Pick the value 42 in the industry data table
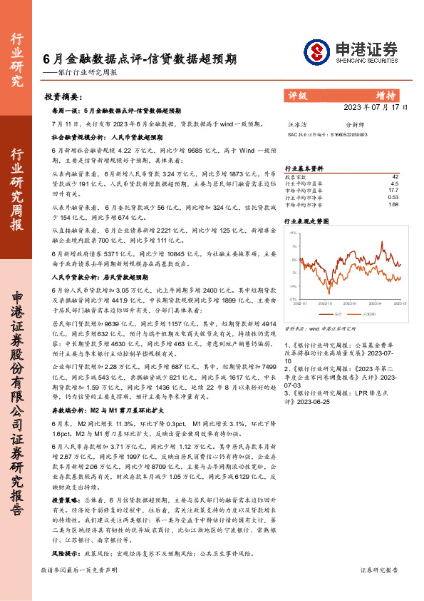click(x=395, y=176)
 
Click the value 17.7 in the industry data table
click(x=393, y=190)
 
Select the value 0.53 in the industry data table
click(x=393, y=197)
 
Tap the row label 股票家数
click(x=295, y=176)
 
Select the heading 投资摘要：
click(x=63, y=96)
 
